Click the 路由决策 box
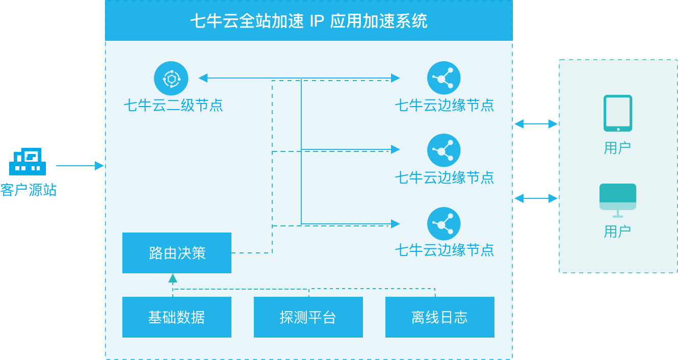[177, 253]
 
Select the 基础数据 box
[177, 317]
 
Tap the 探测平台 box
[308, 317]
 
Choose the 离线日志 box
[439, 317]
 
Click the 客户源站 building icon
[28, 162]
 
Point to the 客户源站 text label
[29, 190]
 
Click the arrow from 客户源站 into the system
[80, 166]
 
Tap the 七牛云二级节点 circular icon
[171, 79]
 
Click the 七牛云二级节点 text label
[173, 106]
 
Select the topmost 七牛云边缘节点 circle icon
[444, 78]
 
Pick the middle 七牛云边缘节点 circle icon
[444, 150]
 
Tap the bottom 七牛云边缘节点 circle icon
[444, 224]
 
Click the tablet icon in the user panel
[618, 113]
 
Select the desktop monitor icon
[618, 199]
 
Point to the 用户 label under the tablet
[617, 148]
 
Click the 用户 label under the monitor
[617, 232]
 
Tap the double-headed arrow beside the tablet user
[536, 124]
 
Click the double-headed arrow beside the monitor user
[536, 198]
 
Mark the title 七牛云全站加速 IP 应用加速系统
[309, 21]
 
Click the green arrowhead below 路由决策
[173, 278]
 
